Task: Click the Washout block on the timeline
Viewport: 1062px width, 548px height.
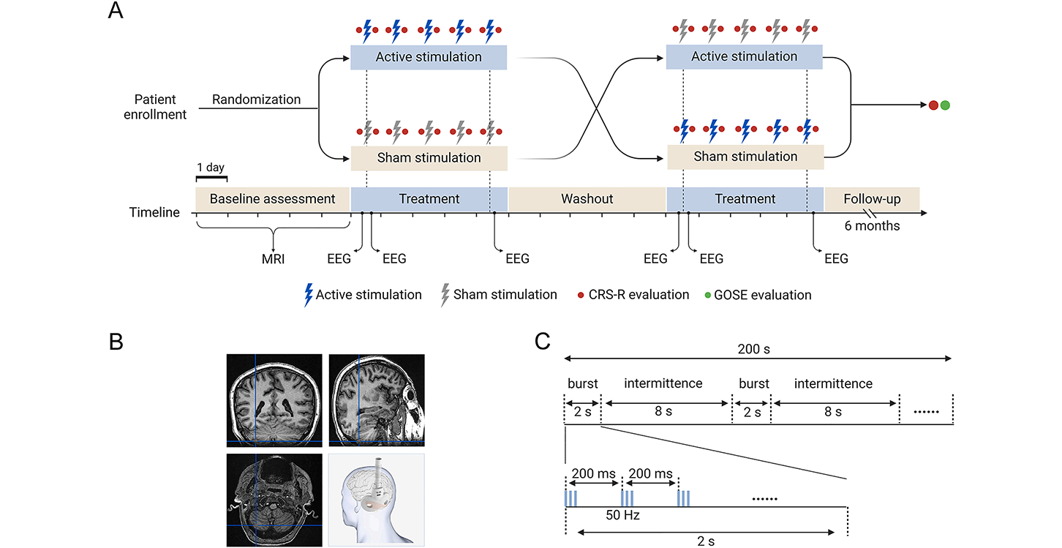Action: [587, 198]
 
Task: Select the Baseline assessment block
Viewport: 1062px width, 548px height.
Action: [272, 198]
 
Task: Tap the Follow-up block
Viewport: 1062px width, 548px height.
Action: [871, 198]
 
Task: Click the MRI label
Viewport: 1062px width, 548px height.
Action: [273, 258]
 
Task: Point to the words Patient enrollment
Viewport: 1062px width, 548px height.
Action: [160, 106]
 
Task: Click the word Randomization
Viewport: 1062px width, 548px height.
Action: [256, 99]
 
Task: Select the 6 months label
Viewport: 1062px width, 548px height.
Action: [872, 226]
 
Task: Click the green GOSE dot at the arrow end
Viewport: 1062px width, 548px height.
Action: [945, 105]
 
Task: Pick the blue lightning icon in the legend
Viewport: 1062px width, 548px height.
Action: [308, 295]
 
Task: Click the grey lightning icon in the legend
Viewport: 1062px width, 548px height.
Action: [444, 295]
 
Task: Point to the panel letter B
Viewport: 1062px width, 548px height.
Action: [116, 342]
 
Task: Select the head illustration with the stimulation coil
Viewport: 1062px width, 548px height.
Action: [376, 500]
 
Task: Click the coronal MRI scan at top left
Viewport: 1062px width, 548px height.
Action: [274, 399]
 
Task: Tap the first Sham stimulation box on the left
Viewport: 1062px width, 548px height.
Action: [429, 157]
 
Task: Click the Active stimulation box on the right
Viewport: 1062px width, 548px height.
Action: [744, 57]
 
